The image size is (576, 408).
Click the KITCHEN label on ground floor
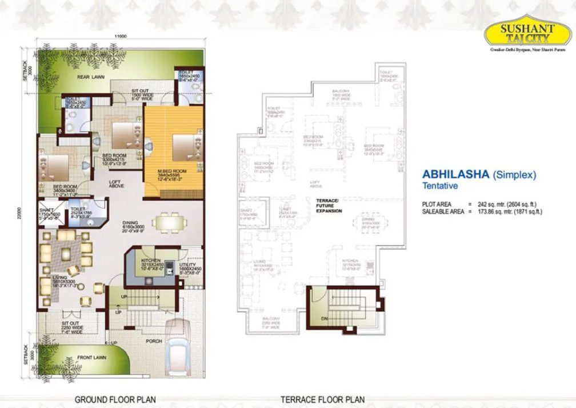coord(150,261)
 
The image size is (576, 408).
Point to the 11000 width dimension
coord(120,37)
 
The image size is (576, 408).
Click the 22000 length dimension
coord(19,211)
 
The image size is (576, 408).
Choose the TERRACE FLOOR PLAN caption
coord(322,399)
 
